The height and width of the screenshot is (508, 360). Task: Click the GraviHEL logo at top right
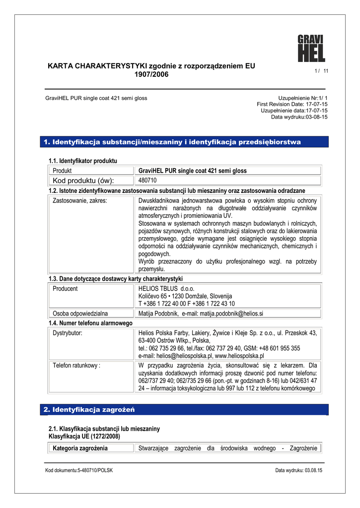[x=311, y=48]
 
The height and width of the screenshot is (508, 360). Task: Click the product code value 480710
[x=147, y=180]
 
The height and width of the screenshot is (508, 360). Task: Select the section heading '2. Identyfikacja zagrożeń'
[x=89, y=410]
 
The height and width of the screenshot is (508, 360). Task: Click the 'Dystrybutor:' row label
[x=68, y=333]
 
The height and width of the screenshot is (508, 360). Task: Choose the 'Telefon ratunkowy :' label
[x=76, y=366]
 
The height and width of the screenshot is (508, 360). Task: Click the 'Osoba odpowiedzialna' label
[x=80, y=314]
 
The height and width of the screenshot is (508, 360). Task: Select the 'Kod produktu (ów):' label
[x=83, y=180]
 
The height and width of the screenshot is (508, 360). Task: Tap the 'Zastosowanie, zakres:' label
[x=80, y=201]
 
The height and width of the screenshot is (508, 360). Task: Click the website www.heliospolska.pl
[x=239, y=356]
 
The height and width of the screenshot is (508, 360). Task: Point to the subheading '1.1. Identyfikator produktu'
[x=82, y=161]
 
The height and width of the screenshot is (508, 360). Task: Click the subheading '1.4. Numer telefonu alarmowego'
[x=90, y=323]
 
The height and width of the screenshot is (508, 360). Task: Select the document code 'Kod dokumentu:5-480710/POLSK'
[x=79, y=470]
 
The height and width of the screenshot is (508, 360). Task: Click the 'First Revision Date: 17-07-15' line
[x=292, y=104]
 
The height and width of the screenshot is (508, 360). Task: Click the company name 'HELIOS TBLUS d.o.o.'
[x=166, y=289]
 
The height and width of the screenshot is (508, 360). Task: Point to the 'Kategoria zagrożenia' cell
[x=80, y=448]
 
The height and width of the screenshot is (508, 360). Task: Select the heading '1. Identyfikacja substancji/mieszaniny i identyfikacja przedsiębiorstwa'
[x=172, y=142]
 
